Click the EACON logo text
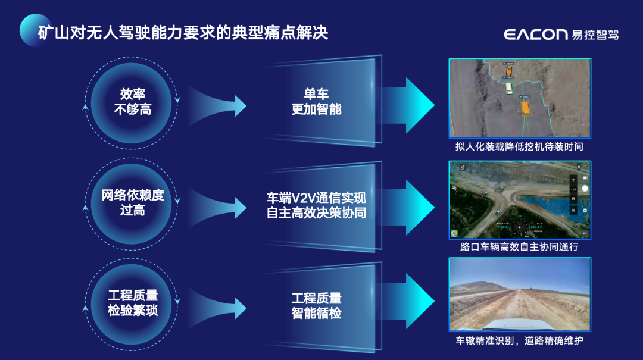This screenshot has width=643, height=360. [x=535, y=34]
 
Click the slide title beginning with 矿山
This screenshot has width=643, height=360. [x=183, y=32]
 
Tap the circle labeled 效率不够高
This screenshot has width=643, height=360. [x=132, y=102]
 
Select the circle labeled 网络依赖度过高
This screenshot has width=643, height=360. [x=132, y=203]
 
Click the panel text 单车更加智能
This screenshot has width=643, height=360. [x=316, y=102]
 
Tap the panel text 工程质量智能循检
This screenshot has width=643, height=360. [x=316, y=305]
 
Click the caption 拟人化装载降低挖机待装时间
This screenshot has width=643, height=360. [x=519, y=146]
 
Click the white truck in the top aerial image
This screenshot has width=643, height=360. [x=509, y=88]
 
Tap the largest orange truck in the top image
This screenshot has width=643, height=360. [x=525, y=107]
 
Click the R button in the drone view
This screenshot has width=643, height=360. [x=573, y=210]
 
